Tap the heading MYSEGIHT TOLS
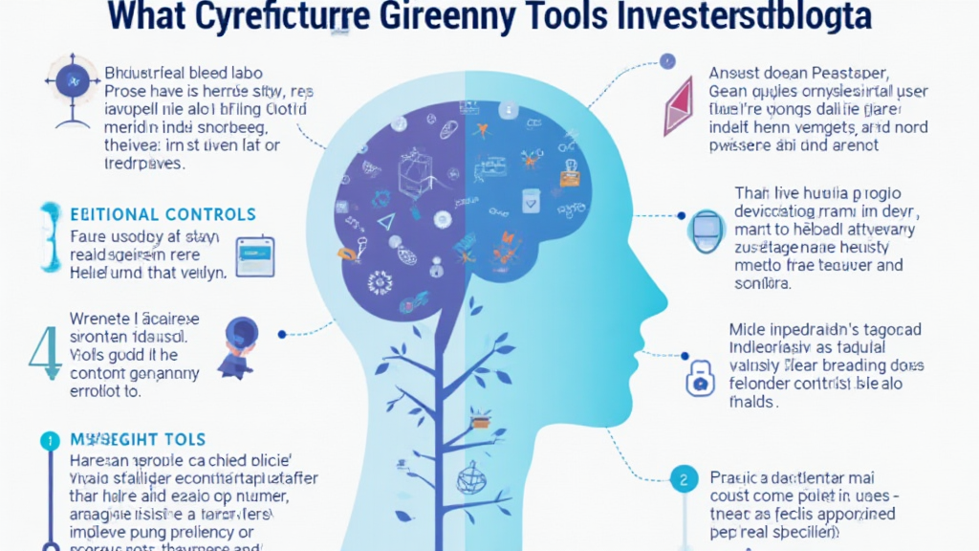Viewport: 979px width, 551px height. coord(138,440)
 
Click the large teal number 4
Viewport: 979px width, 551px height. coord(43,352)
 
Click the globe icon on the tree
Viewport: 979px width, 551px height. coord(471,476)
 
